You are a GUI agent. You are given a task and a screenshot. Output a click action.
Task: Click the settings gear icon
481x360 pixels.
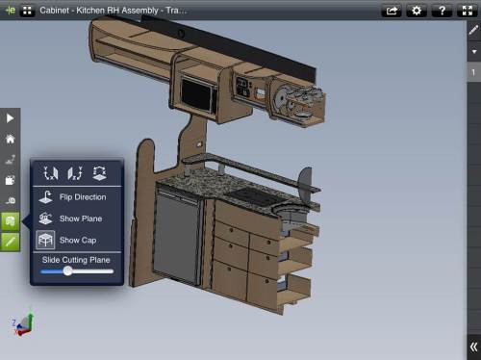(417, 11)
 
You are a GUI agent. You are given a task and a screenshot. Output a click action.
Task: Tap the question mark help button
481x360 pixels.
(442, 11)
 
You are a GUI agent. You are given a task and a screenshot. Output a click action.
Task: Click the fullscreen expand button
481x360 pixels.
(468, 11)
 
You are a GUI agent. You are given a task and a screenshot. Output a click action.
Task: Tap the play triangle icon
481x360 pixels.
(10, 118)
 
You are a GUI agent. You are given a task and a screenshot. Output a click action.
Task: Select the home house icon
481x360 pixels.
(11, 139)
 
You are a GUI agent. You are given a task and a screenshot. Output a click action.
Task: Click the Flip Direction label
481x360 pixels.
(83, 197)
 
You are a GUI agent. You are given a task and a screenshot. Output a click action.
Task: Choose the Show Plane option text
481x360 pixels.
(81, 219)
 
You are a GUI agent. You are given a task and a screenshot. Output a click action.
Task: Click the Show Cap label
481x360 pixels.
(78, 240)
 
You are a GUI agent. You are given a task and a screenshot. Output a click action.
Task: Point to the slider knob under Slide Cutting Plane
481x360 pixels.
(67, 271)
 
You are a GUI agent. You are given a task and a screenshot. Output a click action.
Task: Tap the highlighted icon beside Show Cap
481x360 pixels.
(45, 240)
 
